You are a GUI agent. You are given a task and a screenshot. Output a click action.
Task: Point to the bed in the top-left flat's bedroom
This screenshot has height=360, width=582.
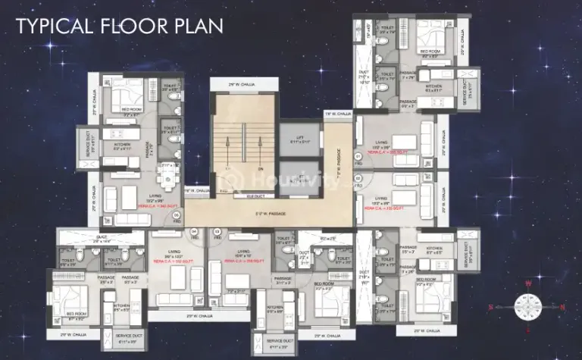(x=125, y=96)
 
